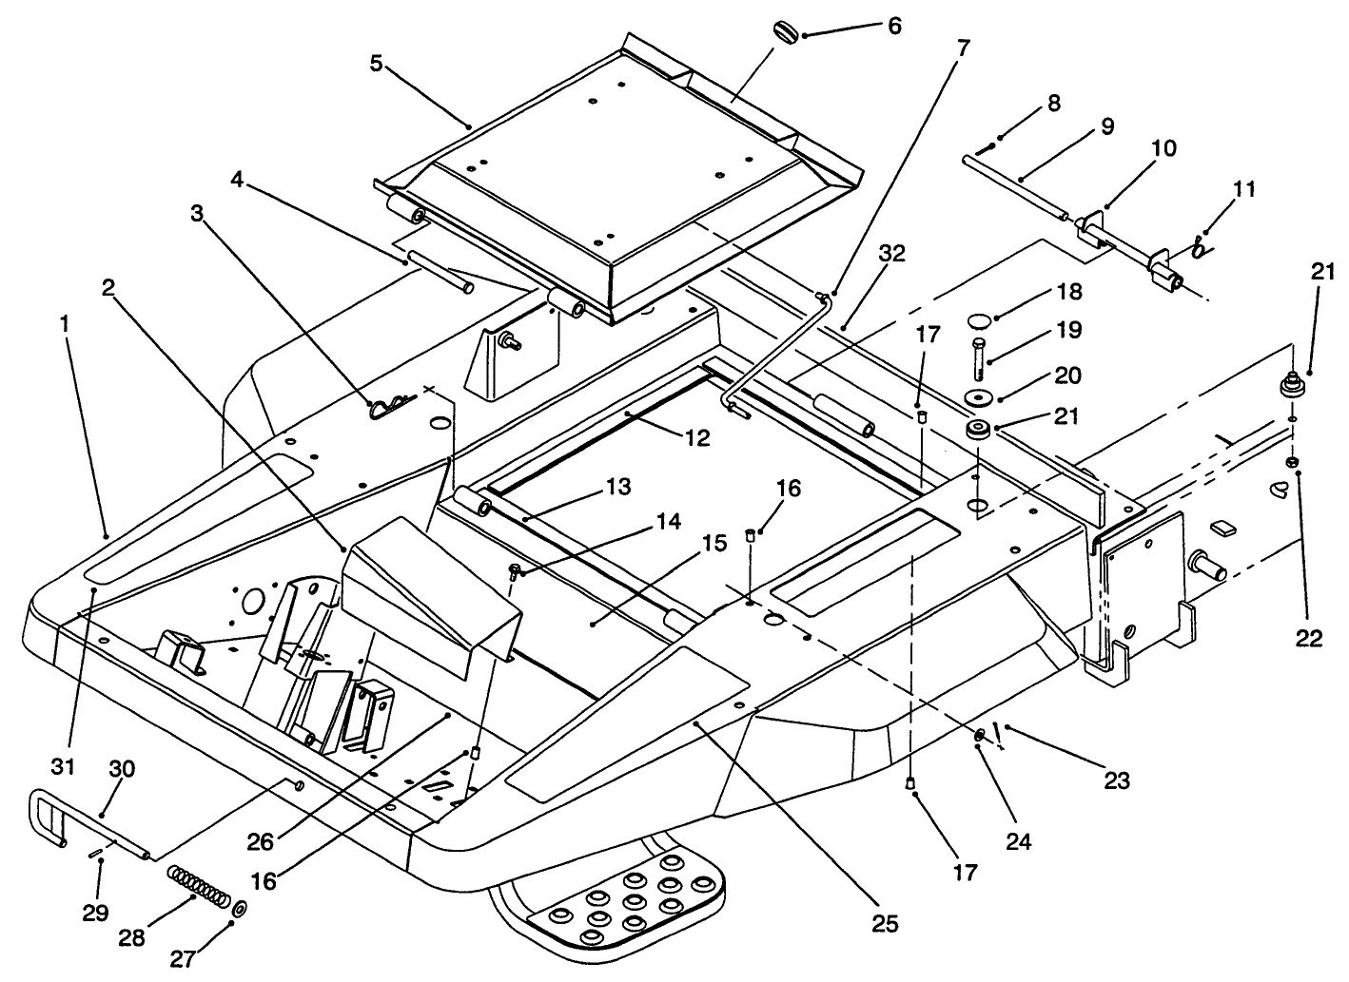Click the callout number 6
(893, 26)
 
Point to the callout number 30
(120, 769)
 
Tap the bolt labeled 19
(979, 357)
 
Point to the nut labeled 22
(1293, 462)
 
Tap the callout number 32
(892, 254)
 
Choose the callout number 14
(667, 522)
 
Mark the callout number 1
(65, 324)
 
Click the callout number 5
(377, 64)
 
